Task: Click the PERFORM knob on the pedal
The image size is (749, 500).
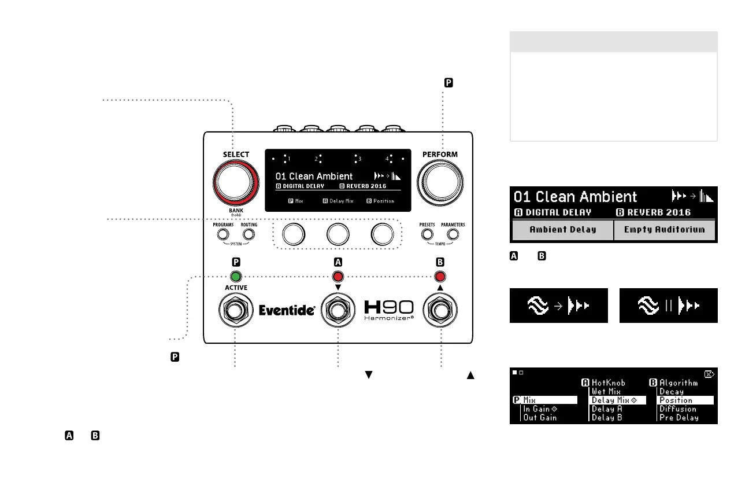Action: coord(440,182)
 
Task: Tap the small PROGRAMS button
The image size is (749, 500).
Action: coord(223,235)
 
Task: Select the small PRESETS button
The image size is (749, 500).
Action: coord(427,234)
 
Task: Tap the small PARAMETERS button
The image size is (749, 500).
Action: coord(453,234)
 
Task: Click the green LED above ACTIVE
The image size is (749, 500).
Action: coord(235,276)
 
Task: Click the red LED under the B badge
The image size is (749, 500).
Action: coord(440,276)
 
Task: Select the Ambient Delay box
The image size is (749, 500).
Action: coord(563,230)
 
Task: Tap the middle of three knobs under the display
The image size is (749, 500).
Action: coord(338,233)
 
